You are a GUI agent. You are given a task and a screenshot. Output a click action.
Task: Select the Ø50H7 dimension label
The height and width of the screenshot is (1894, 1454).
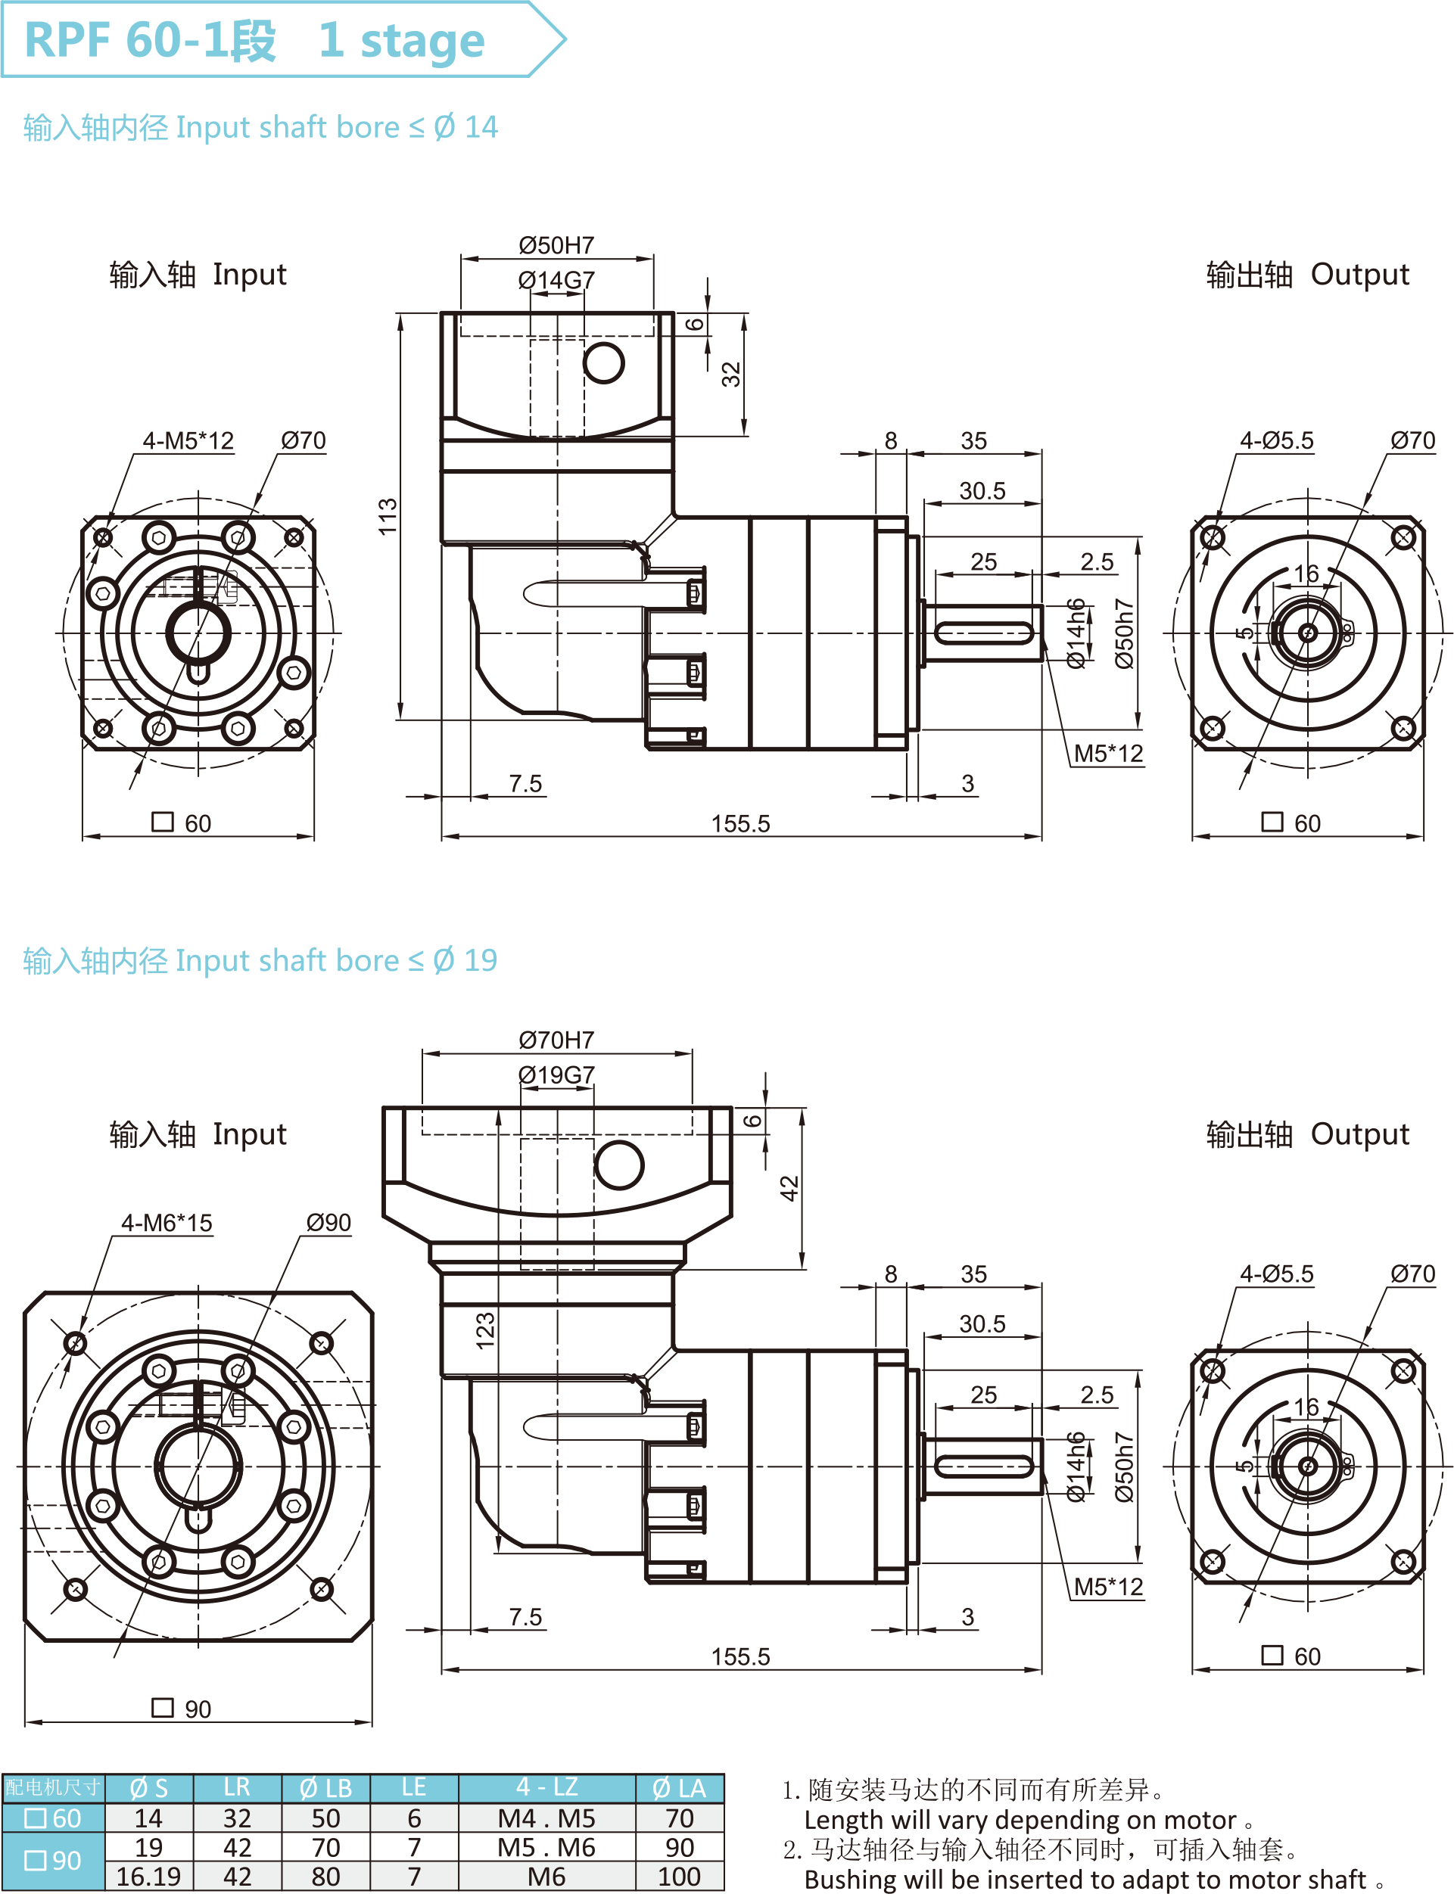tap(556, 246)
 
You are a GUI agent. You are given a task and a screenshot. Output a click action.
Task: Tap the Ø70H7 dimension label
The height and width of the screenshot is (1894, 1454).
tap(556, 1040)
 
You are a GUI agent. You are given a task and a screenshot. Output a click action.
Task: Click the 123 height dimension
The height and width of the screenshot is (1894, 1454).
tap(484, 1331)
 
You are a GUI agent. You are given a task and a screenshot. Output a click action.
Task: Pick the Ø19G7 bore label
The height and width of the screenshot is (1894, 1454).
tap(556, 1075)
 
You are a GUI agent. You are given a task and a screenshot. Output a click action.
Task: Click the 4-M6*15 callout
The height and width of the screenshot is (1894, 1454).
tap(167, 1223)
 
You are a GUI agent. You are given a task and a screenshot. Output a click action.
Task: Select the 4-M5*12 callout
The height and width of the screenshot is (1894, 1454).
tap(188, 440)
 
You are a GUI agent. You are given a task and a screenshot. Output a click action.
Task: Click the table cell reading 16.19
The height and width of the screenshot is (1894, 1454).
tap(149, 1876)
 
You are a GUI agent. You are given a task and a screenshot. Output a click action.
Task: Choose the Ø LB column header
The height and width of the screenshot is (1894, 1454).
tap(325, 1787)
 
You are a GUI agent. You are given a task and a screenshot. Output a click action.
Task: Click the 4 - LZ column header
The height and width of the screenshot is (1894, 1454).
tap(546, 1787)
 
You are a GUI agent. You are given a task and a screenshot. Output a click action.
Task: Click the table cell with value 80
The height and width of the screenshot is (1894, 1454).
tap(325, 1876)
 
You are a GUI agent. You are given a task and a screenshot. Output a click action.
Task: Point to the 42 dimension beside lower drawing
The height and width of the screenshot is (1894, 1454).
tap(789, 1188)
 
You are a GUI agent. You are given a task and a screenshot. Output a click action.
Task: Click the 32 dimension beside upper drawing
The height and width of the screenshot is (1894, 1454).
tap(731, 374)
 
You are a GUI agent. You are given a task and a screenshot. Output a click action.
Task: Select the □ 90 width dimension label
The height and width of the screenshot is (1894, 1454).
tap(182, 1709)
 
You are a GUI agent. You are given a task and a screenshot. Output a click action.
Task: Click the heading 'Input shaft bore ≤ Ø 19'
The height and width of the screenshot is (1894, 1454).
tap(260, 960)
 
